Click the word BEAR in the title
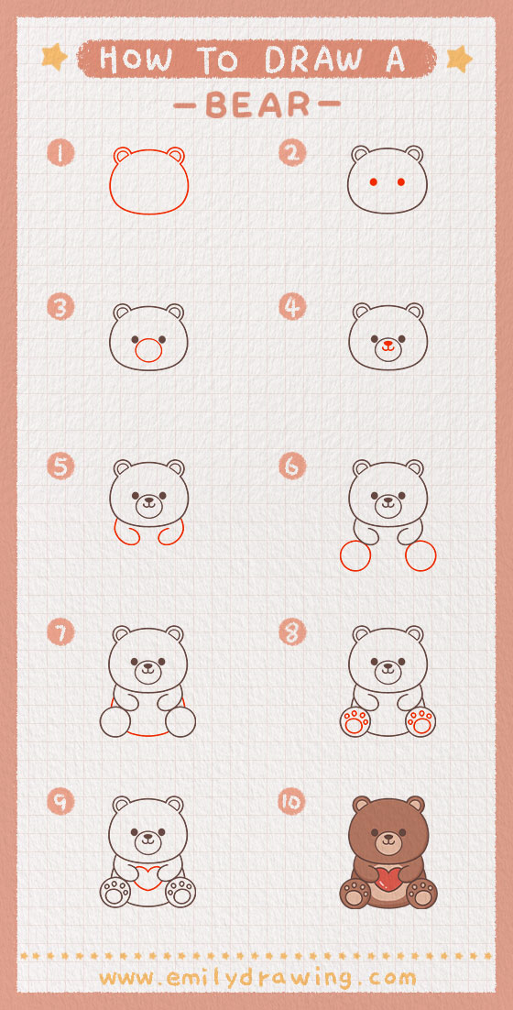click(257, 105)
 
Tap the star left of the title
click(54, 58)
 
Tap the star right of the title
click(459, 59)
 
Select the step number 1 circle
click(60, 153)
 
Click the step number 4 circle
click(292, 307)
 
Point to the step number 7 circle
click(60, 632)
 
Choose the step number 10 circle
click(292, 801)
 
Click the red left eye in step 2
click(373, 182)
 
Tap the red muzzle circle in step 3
click(148, 350)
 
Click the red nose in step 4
click(387, 344)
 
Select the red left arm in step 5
click(126, 532)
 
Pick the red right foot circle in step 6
click(421, 556)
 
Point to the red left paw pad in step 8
click(355, 722)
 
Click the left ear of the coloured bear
click(361, 805)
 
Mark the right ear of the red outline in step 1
click(176, 155)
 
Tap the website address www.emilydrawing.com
click(257, 979)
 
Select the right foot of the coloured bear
click(421, 894)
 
